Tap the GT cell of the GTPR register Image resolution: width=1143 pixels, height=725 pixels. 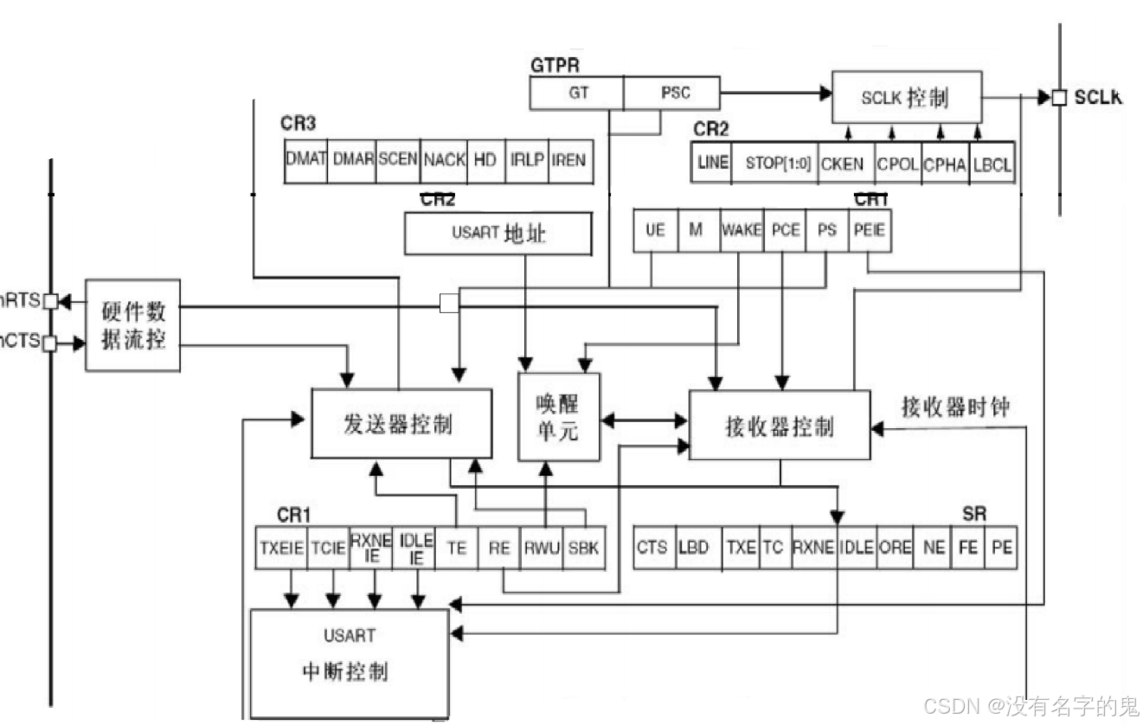[577, 93]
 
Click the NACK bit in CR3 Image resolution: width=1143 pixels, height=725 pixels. [444, 161]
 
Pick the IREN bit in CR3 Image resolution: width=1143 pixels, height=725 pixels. [568, 161]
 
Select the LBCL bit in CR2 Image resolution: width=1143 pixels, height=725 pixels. [992, 163]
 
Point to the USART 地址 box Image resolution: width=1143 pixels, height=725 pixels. [498, 234]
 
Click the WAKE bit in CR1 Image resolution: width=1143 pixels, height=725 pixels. [741, 230]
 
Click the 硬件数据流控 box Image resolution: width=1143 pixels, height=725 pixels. [132, 325]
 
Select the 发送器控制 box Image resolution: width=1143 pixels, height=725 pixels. [401, 424]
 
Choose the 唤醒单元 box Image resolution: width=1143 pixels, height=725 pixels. [559, 416]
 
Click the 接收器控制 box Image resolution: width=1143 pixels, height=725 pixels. [779, 426]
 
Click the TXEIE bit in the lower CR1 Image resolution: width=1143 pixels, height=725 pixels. [281, 548]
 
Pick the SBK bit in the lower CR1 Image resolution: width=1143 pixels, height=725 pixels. [583, 548]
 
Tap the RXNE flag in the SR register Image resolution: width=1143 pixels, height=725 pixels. [813, 548]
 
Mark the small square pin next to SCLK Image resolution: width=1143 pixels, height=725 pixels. [1059, 98]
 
